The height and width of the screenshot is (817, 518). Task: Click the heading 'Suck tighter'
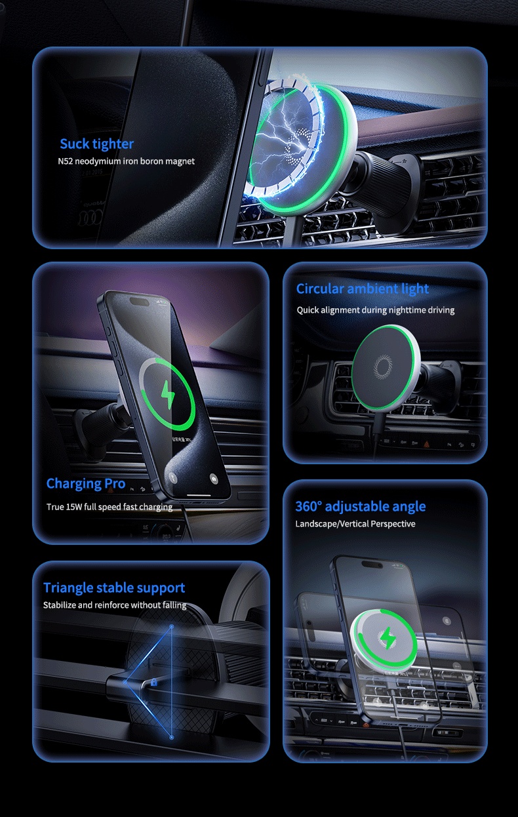96,144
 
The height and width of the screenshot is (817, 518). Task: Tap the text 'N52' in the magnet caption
66,161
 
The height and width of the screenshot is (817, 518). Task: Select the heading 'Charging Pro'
86,483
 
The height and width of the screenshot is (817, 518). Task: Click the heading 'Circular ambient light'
362,289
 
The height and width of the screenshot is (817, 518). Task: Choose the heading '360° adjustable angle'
361,506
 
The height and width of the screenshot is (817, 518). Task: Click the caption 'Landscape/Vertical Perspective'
355,524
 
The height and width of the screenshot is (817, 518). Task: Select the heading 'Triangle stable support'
114,588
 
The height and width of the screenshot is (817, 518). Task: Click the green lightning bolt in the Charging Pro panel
168,395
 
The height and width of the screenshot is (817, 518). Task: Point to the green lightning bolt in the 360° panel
388,638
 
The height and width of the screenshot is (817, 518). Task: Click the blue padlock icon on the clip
153,682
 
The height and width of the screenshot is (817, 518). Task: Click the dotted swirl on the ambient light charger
383,366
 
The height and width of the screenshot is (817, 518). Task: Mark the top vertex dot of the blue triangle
171,627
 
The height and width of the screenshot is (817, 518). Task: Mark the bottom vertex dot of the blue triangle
171,738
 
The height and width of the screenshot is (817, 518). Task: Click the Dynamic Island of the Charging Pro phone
140,301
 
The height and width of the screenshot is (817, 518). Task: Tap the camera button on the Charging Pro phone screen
214,479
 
